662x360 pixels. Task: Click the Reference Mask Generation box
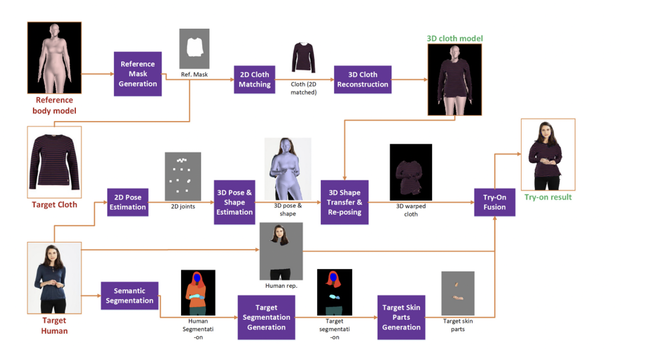[x=138, y=74]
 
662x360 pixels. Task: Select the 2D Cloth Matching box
[x=254, y=79]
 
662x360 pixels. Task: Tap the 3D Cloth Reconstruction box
[x=363, y=79]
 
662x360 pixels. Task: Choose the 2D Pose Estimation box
[x=128, y=202]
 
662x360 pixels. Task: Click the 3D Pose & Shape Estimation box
[x=234, y=202]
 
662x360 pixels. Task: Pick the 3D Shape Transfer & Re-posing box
[x=344, y=202]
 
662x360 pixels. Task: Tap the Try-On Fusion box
[x=494, y=202]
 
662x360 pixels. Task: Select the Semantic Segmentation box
[x=129, y=296]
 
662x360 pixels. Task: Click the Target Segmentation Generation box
[x=266, y=317]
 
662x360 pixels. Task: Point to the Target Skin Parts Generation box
[x=401, y=317]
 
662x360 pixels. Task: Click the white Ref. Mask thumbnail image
[x=194, y=49]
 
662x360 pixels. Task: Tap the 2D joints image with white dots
[x=183, y=176]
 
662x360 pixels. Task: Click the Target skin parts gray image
[x=458, y=293]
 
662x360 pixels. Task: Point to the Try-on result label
[x=548, y=197]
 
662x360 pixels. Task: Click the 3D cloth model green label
[x=454, y=38]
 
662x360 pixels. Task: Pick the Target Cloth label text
[x=54, y=205]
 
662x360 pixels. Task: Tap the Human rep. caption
[x=281, y=286]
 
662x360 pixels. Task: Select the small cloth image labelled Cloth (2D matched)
[x=304, y=58]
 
